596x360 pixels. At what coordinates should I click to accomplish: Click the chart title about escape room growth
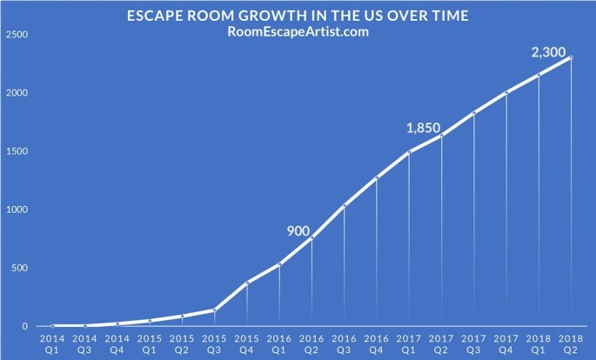click(x=298, y=14)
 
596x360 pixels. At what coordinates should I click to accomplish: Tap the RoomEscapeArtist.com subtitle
click(x=298, y=31)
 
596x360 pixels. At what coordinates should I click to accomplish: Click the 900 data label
click(x=299, y=230)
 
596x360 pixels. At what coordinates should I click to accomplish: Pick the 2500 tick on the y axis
click(x=17, y=35)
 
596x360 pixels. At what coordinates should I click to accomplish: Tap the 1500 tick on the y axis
click(x=17, y=151)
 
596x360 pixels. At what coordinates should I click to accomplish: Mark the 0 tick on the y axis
click(x=24, y=326)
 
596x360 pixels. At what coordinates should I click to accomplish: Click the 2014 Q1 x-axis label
click(x=52, y=340)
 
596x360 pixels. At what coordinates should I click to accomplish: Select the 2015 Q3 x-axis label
click(x=214, y=340)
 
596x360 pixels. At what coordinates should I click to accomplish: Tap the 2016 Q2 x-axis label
click(x=311, y=340)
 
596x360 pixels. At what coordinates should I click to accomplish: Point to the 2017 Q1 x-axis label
click(x=409, y=340)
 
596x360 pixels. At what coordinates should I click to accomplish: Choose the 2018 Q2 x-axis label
click(x=571, y=340)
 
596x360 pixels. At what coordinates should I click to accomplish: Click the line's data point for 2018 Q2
click(x=571, y=58)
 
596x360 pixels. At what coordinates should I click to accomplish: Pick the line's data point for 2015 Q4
click(x=247, y=283)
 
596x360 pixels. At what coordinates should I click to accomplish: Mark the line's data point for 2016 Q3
click(x=345, y=206)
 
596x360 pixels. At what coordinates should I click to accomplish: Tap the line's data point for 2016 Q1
click(x=279, y=264)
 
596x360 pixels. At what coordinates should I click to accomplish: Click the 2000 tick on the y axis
click(x=17, y=93)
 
